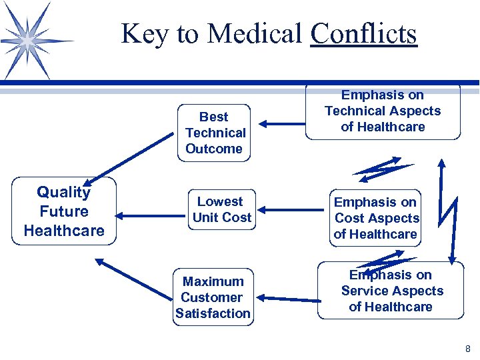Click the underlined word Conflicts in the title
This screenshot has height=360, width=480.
(364, 33)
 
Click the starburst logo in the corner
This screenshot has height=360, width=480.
(27, 41)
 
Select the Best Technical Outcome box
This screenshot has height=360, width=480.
(214, 133)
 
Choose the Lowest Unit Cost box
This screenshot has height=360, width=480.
(221, 209)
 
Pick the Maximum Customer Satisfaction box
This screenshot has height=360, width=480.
(213, 297)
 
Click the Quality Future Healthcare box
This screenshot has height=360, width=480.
(63, 211)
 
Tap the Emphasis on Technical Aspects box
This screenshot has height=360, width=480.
(383, 111)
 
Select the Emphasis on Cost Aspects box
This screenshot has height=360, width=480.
(376, 218)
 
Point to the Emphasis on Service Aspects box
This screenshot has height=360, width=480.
(391, 291)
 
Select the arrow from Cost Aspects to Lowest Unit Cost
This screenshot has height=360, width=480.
(291, 211)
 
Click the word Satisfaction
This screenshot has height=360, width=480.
(213, 313)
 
